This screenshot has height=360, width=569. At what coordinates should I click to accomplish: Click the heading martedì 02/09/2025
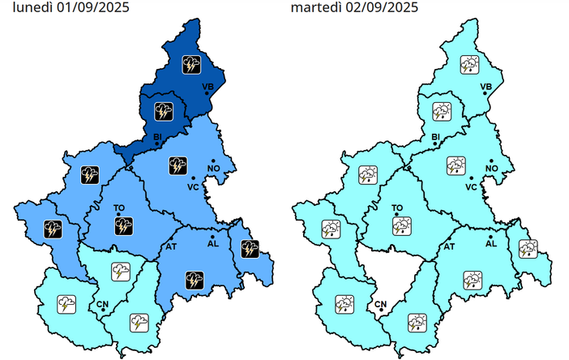(x=355, y=8)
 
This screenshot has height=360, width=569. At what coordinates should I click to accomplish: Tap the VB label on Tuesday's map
(x=486, y=86)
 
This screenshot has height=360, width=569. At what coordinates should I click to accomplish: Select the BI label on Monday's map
(x=158, y=137)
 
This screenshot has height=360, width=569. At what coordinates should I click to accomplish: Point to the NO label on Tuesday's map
(x=490, y=169)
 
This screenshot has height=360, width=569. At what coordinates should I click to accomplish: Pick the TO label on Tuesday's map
(x=397, y=208)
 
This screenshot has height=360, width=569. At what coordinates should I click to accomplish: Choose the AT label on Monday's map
(x=172, y=245)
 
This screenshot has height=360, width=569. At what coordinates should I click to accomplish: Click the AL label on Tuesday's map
(x=490, y=243)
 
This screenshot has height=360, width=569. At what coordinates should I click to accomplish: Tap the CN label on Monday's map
(x=103, y=304)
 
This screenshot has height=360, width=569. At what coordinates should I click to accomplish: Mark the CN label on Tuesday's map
(x=381, y=304)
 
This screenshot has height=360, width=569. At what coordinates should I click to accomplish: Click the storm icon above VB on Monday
(x=192, y=63)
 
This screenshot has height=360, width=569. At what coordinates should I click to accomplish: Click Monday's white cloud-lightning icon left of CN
(x=66, y=304)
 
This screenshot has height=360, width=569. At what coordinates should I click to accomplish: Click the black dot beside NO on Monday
(x=213, y=161)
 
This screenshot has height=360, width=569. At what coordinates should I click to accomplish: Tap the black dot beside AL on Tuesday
(x=490, y=234)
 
